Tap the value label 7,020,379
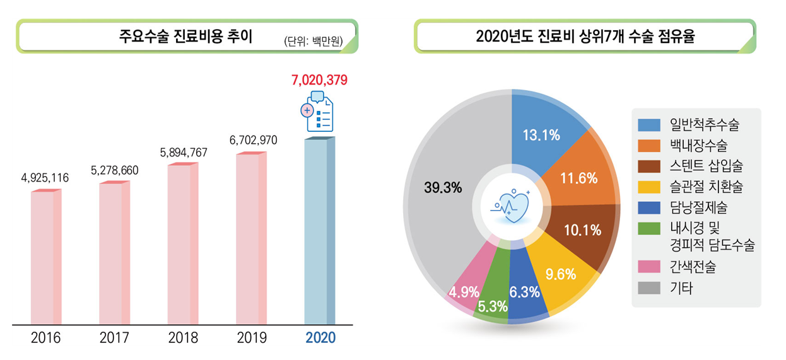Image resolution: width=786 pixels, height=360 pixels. [319, 80]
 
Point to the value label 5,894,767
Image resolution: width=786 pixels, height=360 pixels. [184, 153]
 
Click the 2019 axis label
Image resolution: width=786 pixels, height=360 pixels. [252, 338]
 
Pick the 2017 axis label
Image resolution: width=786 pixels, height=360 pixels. [114, 338]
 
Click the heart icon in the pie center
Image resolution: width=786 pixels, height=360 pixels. [511, 205]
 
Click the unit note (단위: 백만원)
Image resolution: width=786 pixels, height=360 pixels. [314, 42]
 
